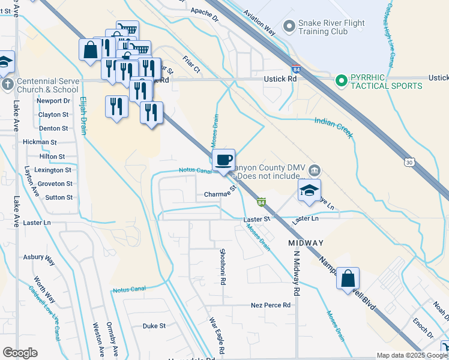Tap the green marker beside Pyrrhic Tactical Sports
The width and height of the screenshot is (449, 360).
pyautogui.click(x=342, y=80)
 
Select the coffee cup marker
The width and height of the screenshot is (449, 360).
pyautogui.click(x=224, y=160)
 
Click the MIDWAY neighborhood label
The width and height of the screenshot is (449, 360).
pyautogui.click(x=306, y=243)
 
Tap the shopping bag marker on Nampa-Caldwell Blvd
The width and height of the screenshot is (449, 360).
pyautogui.click(x=348, y=279)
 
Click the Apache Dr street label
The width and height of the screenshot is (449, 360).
pyautogui.click(x=205, y=11)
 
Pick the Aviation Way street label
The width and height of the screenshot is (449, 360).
pyautogui.click(x=258, y=22)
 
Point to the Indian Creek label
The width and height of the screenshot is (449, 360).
pyautogui.click(x=333, y=128)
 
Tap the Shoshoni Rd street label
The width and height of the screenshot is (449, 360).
pyautogui.click(x=223, y=266)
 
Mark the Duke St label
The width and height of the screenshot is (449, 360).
pyautogui.click(x=154, y=326)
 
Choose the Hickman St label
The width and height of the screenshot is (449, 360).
pyautogui.click(x=40, y=142)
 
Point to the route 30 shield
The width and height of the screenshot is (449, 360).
pyautogui.click(x=409, y=163)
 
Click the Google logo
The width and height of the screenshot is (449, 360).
pyautogui.click(x=20, y=353)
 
